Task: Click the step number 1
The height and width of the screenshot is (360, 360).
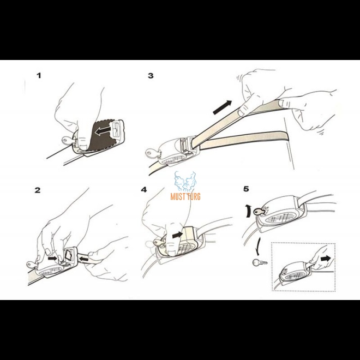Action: pyautogui.click(x=39, y=75)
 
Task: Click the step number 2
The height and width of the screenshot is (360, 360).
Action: pyautogui.click(x=38, y=190)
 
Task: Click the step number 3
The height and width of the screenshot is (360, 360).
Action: pyautogui.click(x=151, y=75)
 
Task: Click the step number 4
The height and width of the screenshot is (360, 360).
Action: pyautogui.click(x=144, y=190)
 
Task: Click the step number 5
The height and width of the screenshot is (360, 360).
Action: pyautogui.click(x=246, y=189)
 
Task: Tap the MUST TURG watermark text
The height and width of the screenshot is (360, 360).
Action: pyautogui.click(x=185, y=196)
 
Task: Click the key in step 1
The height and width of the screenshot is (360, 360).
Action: pyautogui.click(x=68, y=140)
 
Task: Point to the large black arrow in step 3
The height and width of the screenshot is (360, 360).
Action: pyautogui.click(x=222, y=107)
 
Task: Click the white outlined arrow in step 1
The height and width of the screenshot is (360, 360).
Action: pyautogui.click(x=103, y=131)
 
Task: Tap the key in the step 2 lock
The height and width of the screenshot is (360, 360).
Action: pyautogui.click(x=32, y=265)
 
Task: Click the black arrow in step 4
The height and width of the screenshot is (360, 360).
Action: pyautogui.click(x=177, y=235)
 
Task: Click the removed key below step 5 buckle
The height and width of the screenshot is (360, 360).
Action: pyautogui.click(x=260, y=262)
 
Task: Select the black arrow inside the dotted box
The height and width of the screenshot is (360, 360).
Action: pyautogui.click(x=326, y=259)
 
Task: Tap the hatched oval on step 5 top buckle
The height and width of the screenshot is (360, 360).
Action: pyautogui.click(x=280, y=217)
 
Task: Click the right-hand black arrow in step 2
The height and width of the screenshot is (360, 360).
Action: pyautogui.click(x=83, y=260)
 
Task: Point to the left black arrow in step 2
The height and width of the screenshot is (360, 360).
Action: pyautogui.click(x=52, y=259)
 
